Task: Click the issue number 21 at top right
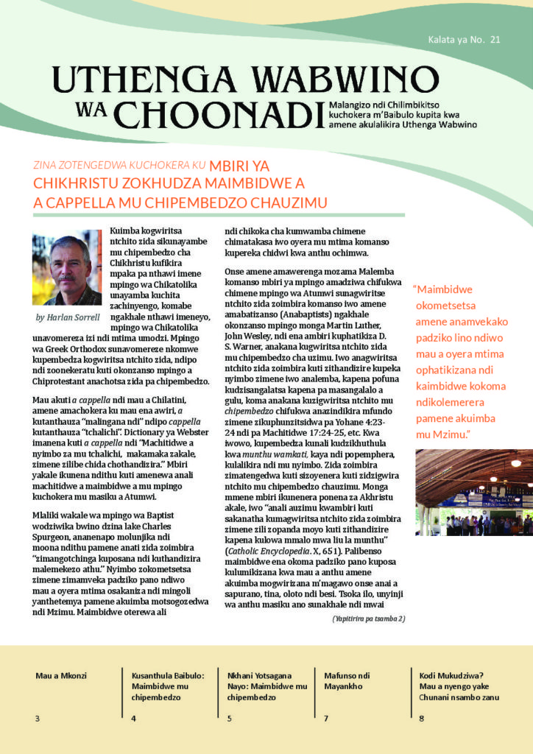coord(494,40)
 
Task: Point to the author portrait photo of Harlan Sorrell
coord(66,270)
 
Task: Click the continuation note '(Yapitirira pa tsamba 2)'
coord(368,619)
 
